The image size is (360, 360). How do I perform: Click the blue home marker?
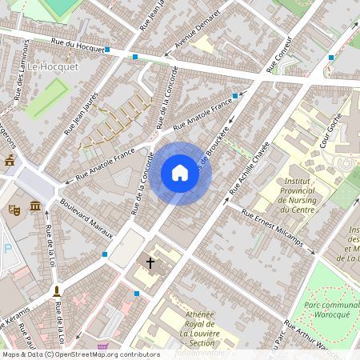click(x=180, y=173)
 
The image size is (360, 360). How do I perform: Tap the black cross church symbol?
click(x=150, y=262)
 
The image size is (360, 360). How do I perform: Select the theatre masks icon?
click(x=14, y=210)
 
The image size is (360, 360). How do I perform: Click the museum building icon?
click(x=36, y=208)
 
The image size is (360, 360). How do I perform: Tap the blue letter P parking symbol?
click(x=7, y=249)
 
